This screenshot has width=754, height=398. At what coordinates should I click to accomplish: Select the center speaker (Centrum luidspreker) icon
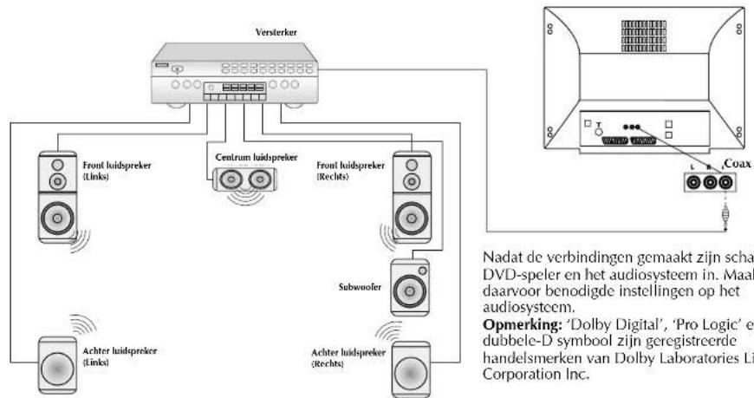(243, 179)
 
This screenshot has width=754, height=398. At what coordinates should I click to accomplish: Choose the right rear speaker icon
(412, 366)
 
